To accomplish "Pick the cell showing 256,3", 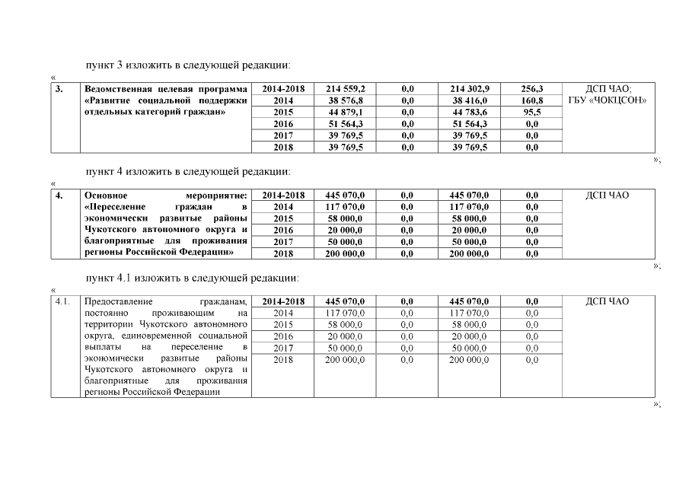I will (531, 89).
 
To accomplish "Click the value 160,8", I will (531, 100).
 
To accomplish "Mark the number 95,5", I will (531, 112).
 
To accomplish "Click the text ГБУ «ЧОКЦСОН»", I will (607, 100).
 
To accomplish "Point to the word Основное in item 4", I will (106, 196).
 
